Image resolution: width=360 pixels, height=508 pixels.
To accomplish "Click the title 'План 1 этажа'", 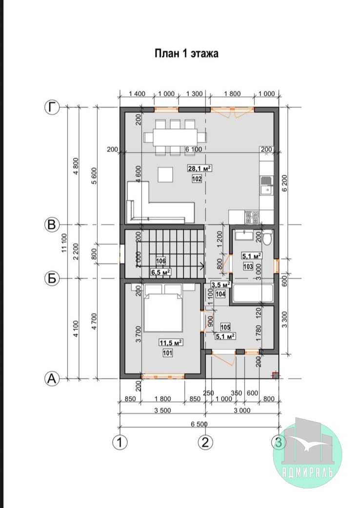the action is click(x=186, y=53).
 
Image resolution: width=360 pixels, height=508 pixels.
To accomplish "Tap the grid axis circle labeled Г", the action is click(x=52, y=107).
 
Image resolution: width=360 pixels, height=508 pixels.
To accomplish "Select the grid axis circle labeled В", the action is click(x=52, y=224).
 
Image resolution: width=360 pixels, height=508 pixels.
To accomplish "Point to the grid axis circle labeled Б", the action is click(x=52, y=278).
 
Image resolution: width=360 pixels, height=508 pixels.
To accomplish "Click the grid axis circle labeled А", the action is click(x=52, y=378).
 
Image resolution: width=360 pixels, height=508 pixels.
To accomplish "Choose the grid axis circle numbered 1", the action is click(x=120, y=442).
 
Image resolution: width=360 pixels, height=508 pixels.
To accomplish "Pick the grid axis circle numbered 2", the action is click(x=205, y=442).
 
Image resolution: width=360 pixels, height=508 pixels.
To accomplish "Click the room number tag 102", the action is click(x=197, y=179).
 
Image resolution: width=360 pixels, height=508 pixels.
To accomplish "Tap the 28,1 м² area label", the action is click(x=200, y=168).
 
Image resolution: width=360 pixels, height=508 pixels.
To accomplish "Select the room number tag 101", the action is click(x=167, y=353).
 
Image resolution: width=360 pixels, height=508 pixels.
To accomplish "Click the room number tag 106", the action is click(x=161, y=261).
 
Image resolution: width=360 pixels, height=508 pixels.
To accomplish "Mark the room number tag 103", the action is click(x=248, y=266).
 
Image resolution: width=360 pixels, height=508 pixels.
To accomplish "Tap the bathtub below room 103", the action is click(x=253, y=293).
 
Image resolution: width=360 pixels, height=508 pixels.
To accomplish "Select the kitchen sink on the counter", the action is click(x=266, y=185).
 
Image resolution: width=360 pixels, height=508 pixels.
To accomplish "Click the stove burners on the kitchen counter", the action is click(x=252, y=217).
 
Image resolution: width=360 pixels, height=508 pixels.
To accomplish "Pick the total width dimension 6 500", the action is click(x=199, y=424).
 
